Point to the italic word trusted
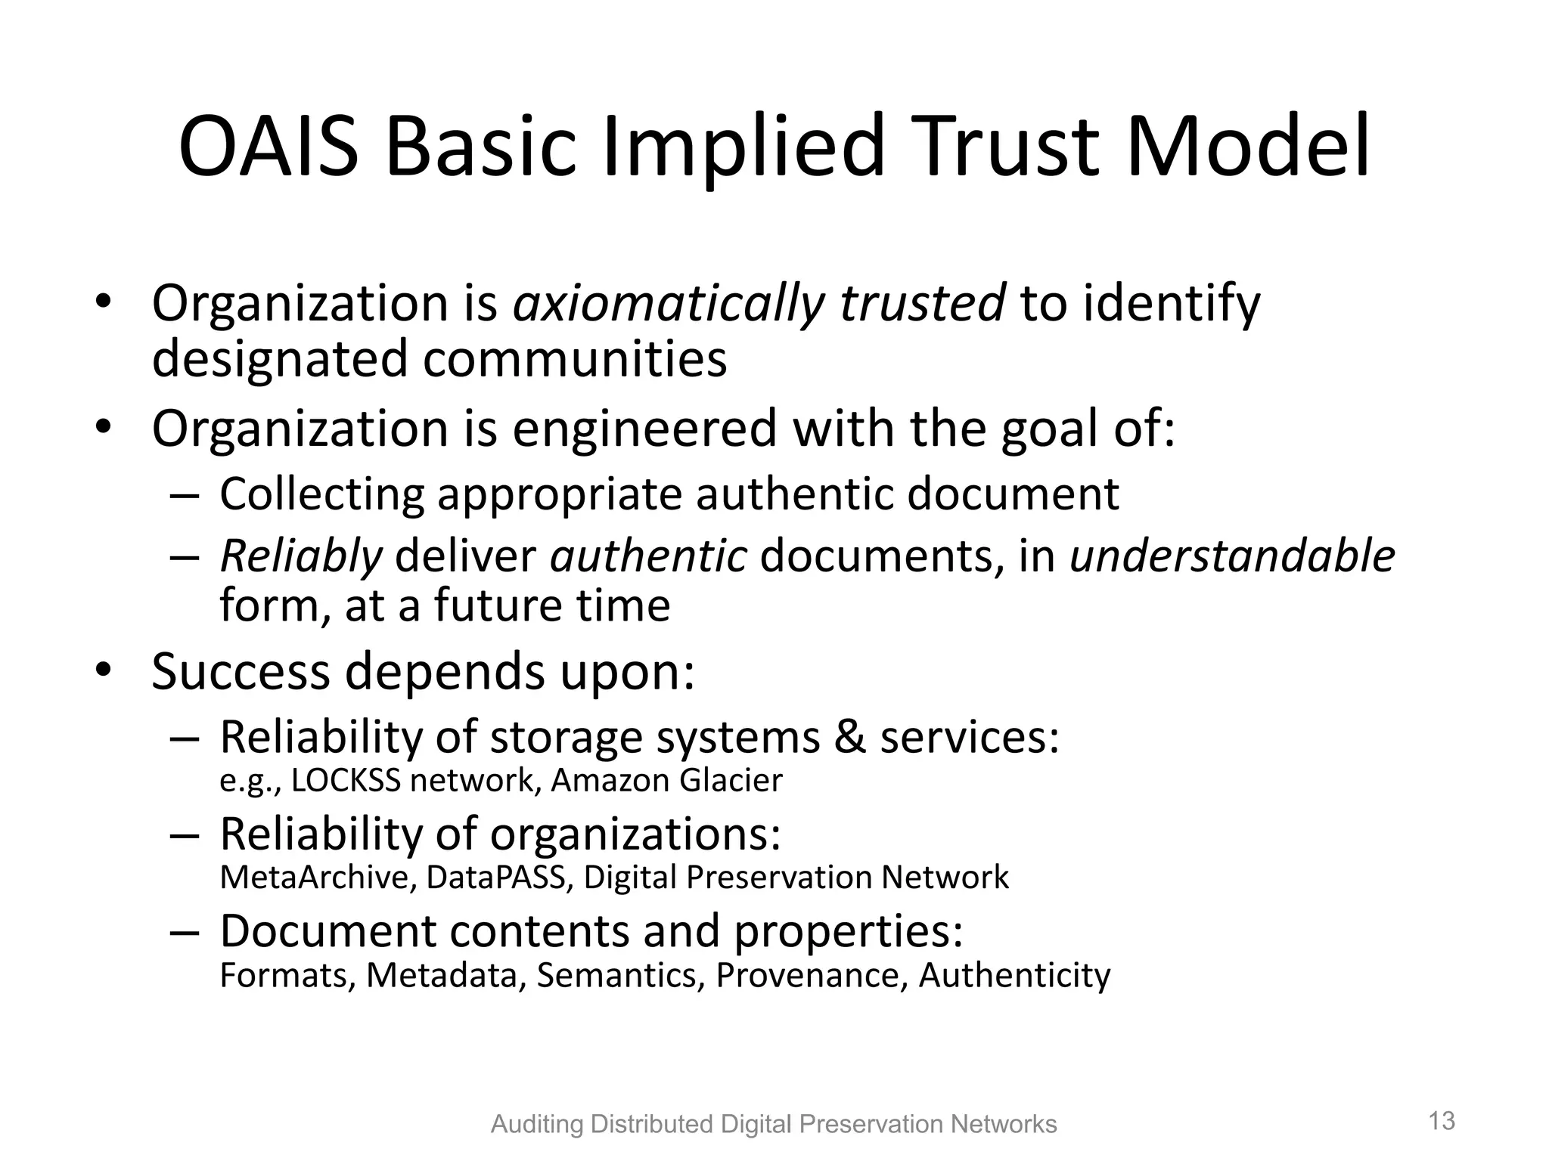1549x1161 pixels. pos(923,304)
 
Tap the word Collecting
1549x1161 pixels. pos(321,494)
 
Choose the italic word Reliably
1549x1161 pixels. pos(301,557)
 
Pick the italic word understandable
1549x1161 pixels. pos(1232,557)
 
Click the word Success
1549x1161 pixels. pos(241,671)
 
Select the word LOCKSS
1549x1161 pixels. pos(345,781)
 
